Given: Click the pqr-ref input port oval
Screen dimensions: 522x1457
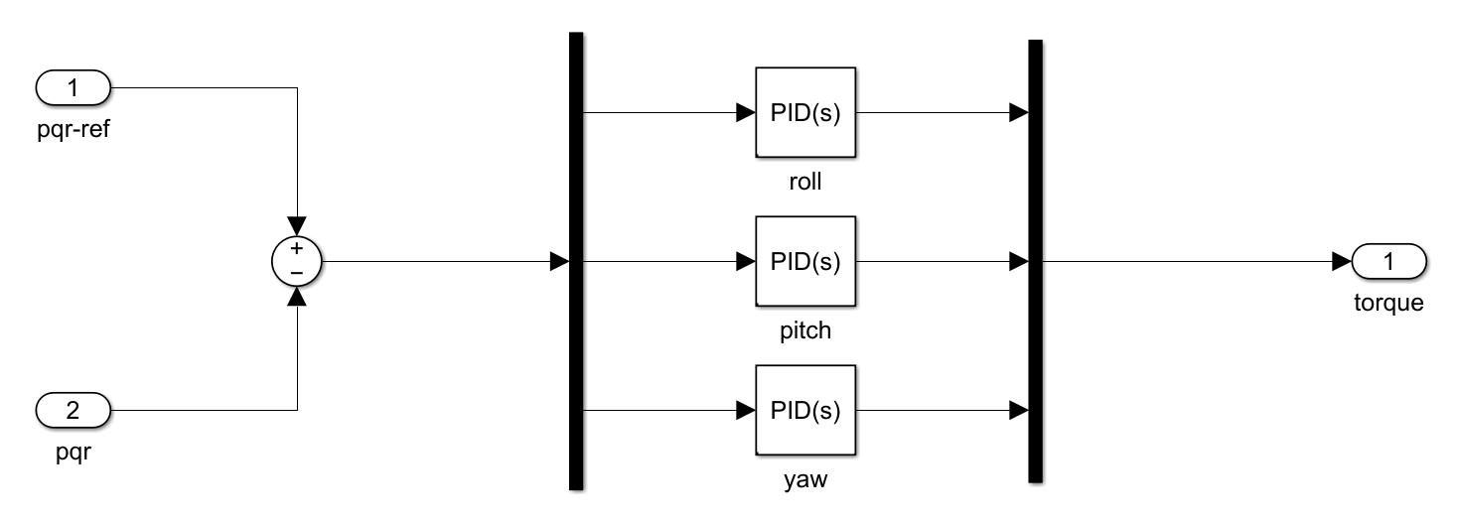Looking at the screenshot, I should (x=73, y=88).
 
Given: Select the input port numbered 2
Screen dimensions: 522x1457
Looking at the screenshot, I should (x=73, y=409).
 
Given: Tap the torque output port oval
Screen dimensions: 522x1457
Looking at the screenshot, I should (x=1388, y=262).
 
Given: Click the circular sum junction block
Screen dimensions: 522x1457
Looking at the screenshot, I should (x=296, y=262).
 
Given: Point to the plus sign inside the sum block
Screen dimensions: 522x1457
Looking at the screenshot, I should (x=296, y=248).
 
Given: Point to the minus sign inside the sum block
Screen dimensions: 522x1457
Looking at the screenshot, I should (x=296, y=272).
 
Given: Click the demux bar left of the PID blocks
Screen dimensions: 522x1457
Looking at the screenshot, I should (x=575, y=262).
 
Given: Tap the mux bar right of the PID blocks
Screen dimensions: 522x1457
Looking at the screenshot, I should (x=1034, y=262).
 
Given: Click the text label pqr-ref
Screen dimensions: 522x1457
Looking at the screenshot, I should (x=72, y=130).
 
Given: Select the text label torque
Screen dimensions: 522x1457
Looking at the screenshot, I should (x=1388, y=304).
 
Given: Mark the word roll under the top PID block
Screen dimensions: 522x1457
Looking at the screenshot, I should (x=804, y=183).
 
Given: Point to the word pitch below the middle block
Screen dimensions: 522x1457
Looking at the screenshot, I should (x=804, y=331).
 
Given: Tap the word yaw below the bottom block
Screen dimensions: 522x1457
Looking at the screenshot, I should (x=804, y=481).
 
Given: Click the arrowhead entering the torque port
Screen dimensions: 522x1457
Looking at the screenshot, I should (x=1342, y=262).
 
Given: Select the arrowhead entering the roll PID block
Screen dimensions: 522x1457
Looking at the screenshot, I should (x=745, y=112).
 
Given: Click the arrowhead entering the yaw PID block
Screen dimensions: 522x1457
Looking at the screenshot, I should (x=745, y=410).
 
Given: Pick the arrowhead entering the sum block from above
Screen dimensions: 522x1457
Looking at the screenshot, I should (x=296, y=226).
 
